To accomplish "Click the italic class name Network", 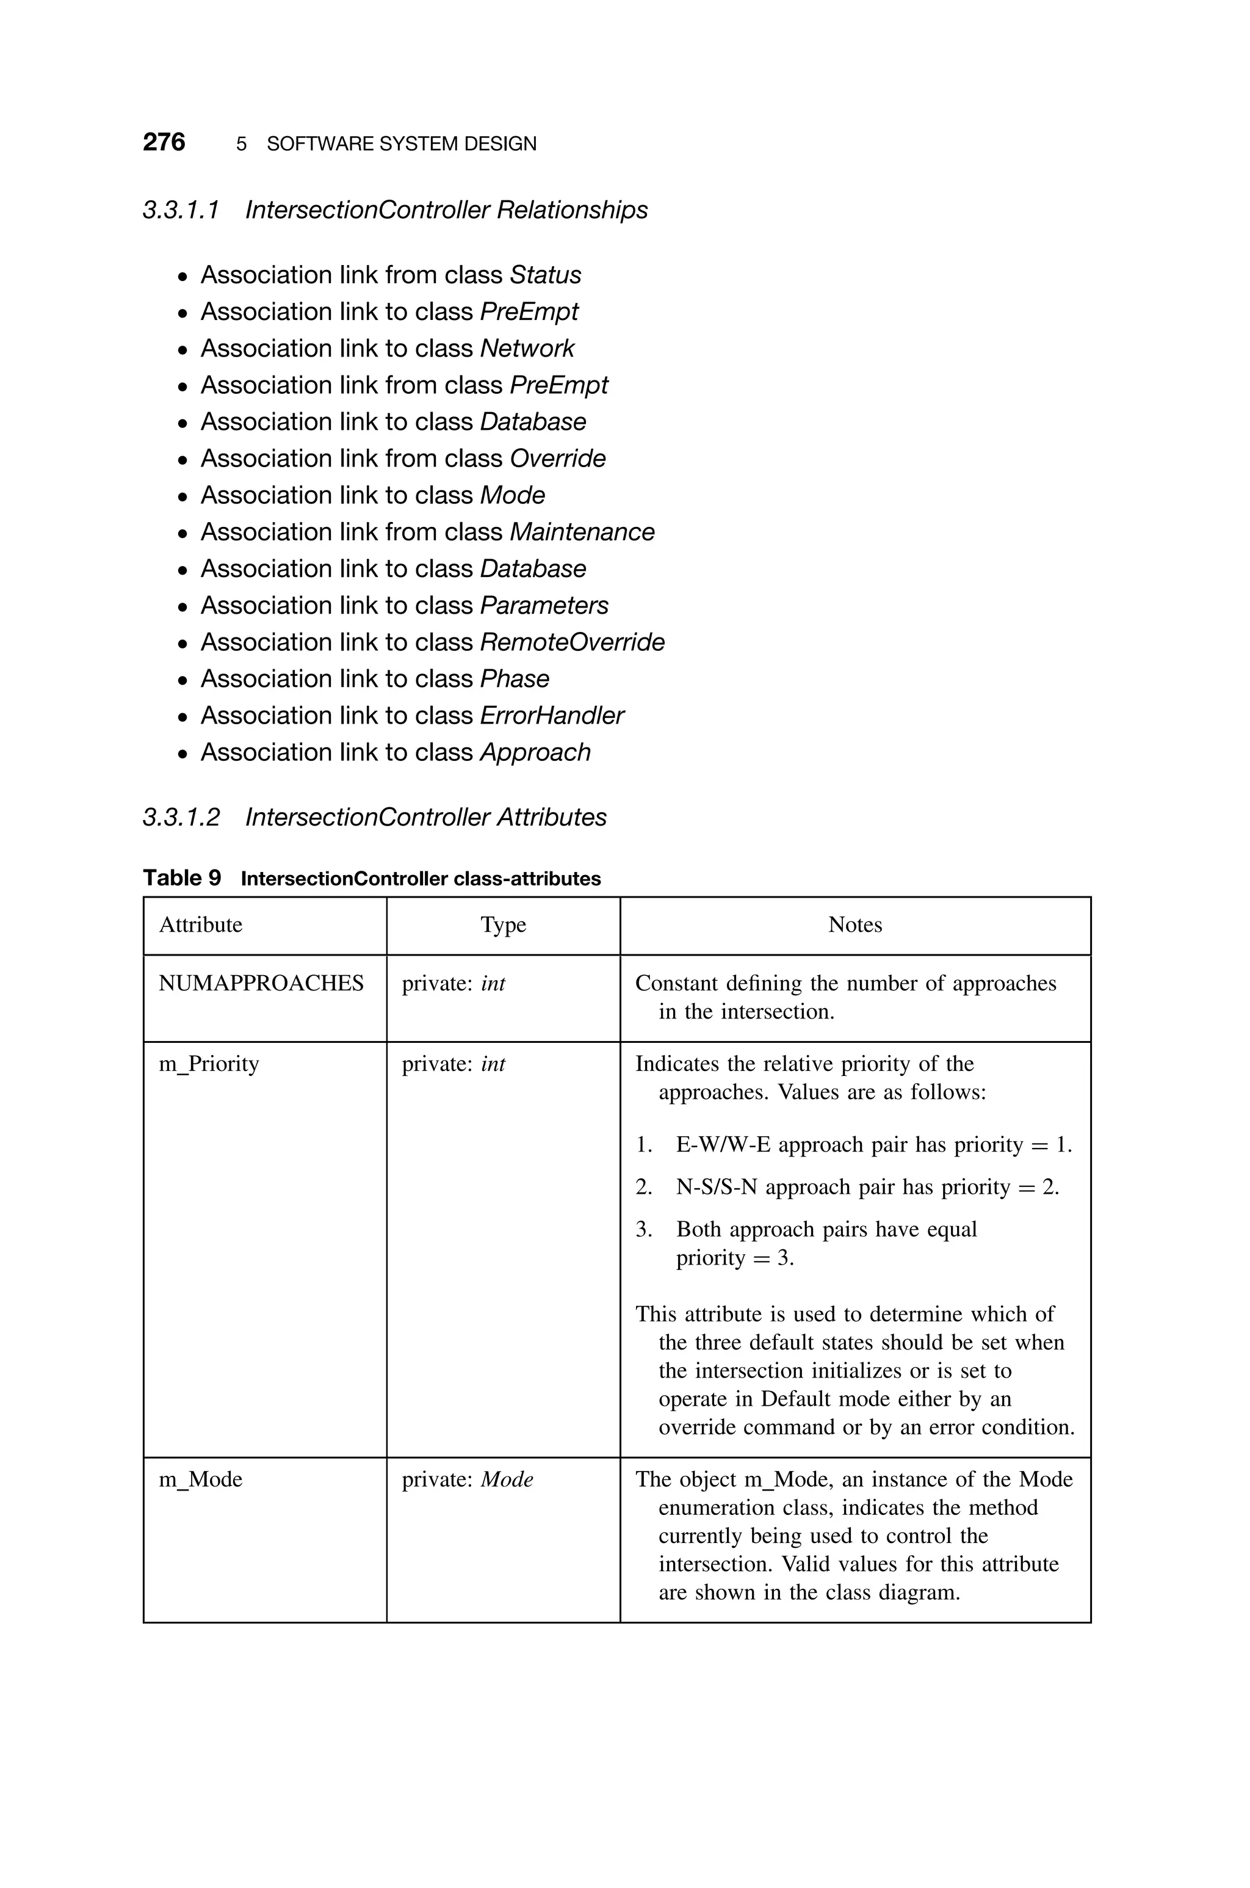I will tap(527, 349).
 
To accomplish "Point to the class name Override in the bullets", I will tap(557, 459).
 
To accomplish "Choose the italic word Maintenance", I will tap(582, 532).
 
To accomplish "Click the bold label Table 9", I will tap(182, 878).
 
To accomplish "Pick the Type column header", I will tap(503, 925).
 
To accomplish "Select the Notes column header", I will tap(854, 925).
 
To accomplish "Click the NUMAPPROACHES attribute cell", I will tap(261, 983).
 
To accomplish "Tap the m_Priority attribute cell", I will tap(209, 1064).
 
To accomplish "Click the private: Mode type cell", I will tap(467, 1479).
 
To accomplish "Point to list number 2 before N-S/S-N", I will tap(643, 1187).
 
